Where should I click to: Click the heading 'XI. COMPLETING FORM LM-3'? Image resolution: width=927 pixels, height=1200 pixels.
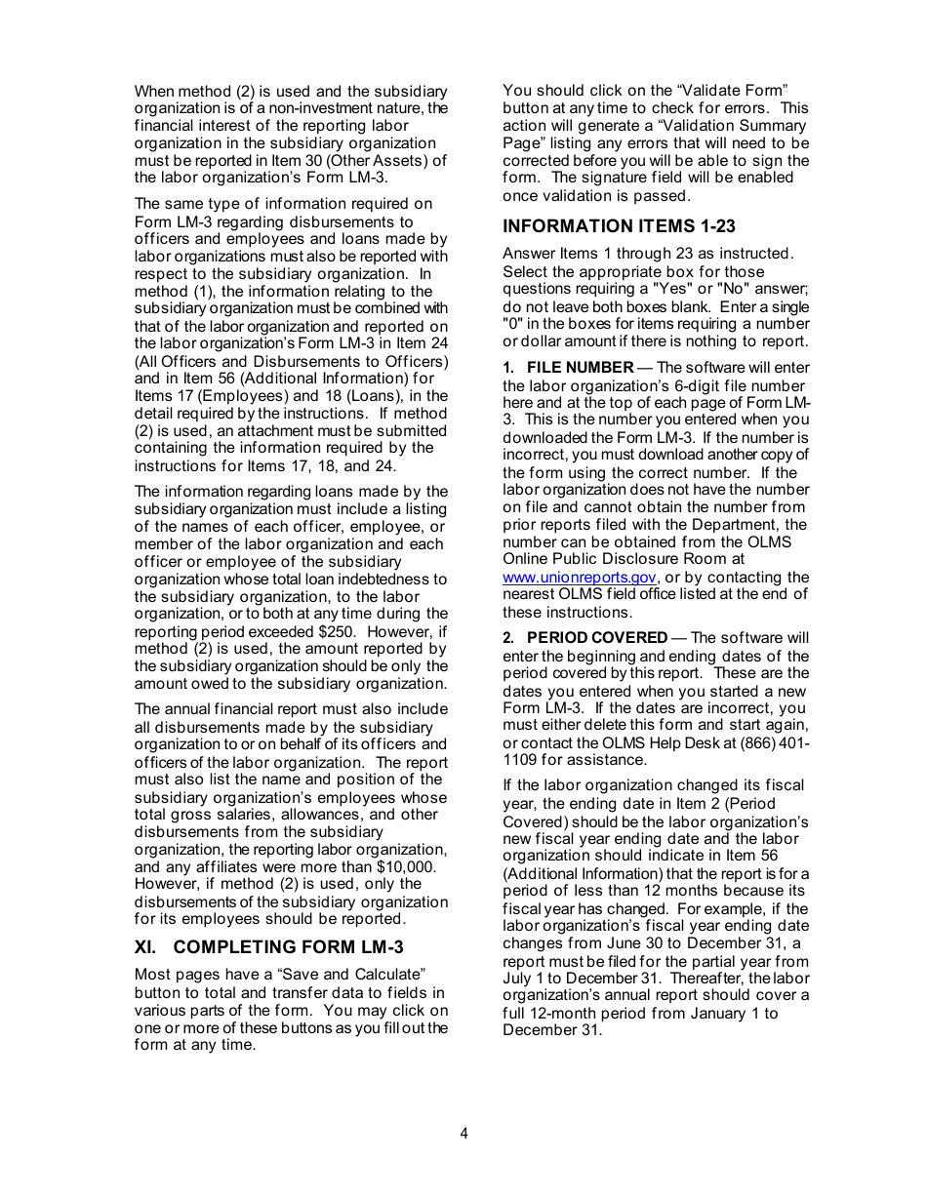268,946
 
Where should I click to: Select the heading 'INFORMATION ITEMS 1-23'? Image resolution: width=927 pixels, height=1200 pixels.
619,225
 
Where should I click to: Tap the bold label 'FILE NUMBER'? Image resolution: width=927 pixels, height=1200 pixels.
580,368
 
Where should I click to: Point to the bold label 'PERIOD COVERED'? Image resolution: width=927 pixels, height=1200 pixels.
597,638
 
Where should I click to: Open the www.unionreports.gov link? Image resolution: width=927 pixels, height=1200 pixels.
580,578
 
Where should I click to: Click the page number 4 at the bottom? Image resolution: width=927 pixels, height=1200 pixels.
463,1134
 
